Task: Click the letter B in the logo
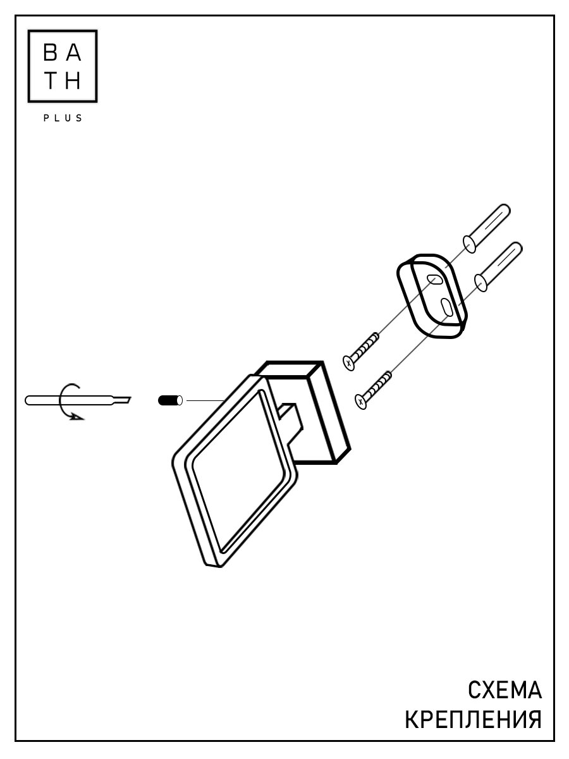pos(51,54)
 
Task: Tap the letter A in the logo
pos(74,54)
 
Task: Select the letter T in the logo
pos(51,82)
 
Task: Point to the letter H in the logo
pos(74,82)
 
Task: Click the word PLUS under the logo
pos(63,118)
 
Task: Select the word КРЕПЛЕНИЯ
pos(473,720)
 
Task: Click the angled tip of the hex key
pos(124,399)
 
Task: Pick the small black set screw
pos(168,400)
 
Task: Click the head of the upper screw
pos(350,362)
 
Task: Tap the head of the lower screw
pos(361,400)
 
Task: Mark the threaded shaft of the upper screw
pos(367,346)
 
